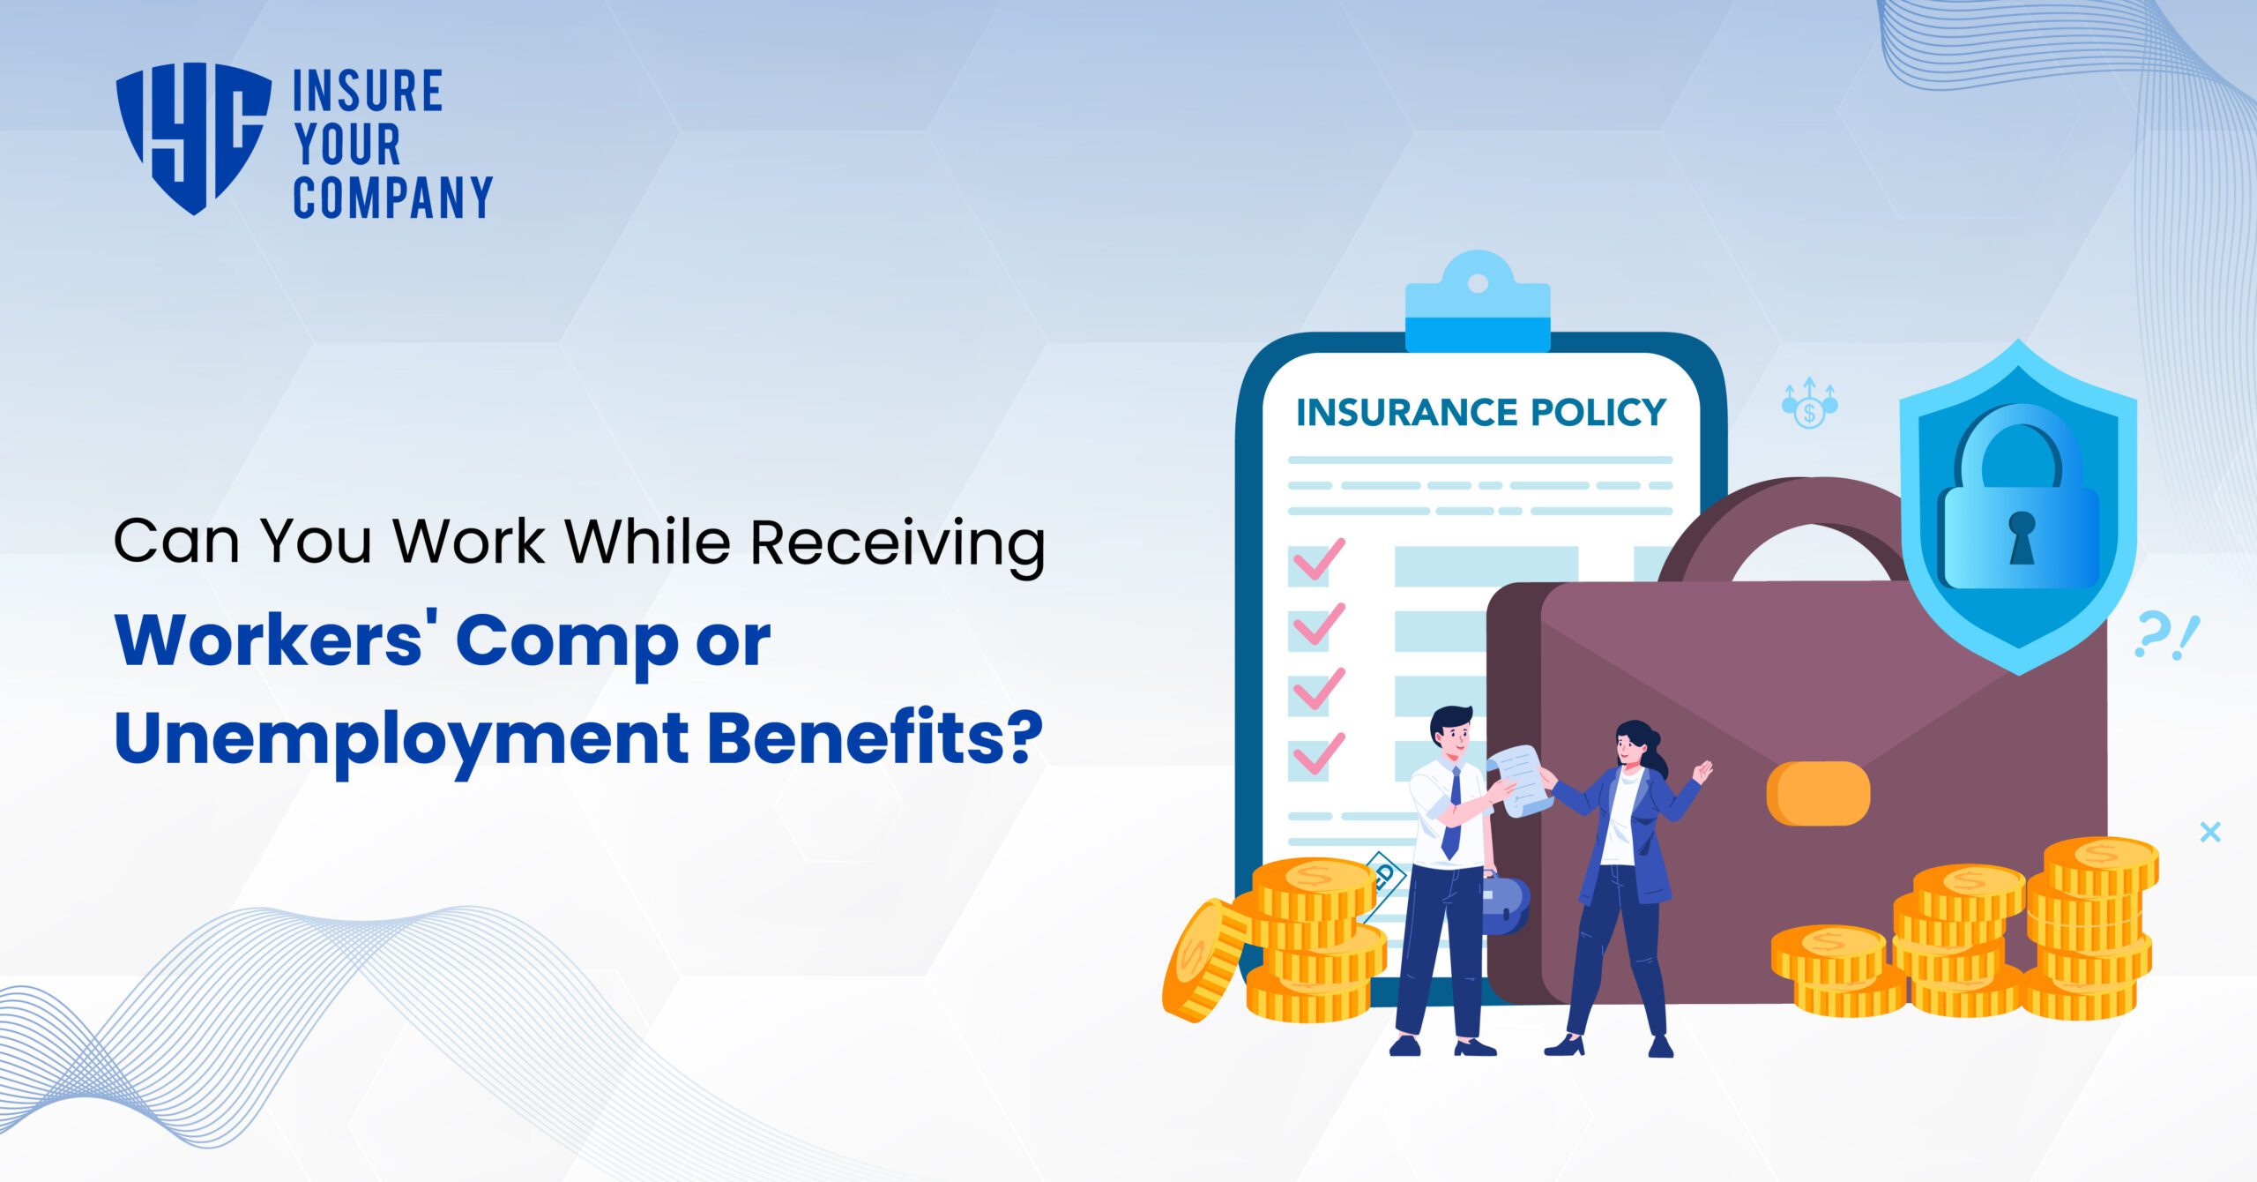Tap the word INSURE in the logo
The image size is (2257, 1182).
(368, 92)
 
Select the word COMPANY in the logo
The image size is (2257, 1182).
(392, 198)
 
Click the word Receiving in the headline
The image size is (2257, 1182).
(898, 542)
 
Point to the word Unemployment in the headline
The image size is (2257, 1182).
(401, 739)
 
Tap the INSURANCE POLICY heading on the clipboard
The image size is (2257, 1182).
(1480, 413)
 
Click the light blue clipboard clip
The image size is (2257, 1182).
(1478, 304)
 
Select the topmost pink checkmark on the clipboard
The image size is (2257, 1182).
(1317, 561)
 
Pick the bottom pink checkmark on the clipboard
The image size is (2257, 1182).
(1317, 755)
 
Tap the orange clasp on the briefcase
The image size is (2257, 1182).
(1818, 793)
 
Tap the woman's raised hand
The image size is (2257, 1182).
(1703, 773)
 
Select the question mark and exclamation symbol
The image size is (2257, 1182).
(2167, 637)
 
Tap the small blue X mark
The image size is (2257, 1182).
(2209, 832)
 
